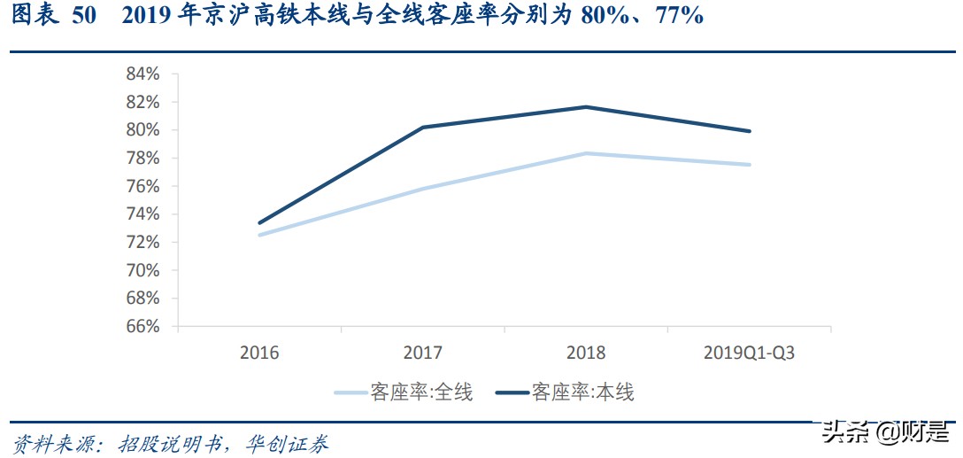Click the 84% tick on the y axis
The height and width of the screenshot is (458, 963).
pyautogui.click(x=142, y=74)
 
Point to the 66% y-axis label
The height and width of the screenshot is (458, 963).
pyautogui.click(x=142, y=326)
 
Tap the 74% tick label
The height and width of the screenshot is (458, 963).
pyautogui.click(x=142, y=213)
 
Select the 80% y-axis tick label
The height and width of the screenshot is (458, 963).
pyautogui.click(x=142, y=130)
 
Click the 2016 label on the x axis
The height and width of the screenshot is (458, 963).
pyautogui.click(x=258, y=353)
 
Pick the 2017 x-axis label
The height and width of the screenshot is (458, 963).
pyautogui.click(x=422, y=353)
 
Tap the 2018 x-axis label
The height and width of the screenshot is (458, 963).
pyautogui.click(x=585, y=353)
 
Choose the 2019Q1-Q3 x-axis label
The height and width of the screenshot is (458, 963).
pyautogui.click(x=749, y=353)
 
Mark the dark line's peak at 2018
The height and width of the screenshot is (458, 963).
pyautogui.click(x=586, y=107)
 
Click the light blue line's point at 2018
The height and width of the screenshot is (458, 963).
pyautogui.click(x=586, y=153)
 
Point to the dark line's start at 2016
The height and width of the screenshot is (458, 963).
pyautogui.click(x=259, y=223)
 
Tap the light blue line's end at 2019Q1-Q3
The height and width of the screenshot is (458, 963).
pyautogui.click(x=750, y=165)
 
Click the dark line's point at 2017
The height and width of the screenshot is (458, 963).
pyautogui.click(x=423, y=128)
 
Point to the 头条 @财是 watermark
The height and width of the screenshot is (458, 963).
pyautogui.click(x=885, y=433)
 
